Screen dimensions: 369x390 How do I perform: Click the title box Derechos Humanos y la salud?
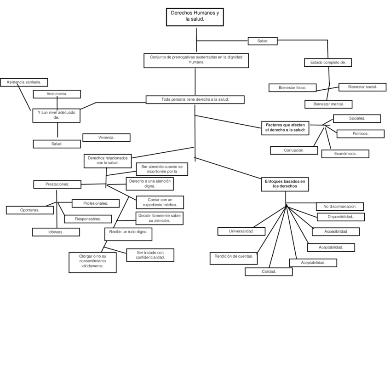[x=195, y=17]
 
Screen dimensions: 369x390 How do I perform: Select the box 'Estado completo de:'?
[x=328, y=63]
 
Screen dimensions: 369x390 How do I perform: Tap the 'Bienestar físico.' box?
[x=293, y=87]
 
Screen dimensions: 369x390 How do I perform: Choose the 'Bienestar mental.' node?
[x=328, y=104]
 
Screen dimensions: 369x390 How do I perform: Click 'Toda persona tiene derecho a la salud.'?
[x=195, y=99]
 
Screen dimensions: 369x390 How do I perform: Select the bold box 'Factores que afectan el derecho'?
[x=286, y=128]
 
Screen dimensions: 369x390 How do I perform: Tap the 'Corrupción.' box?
[x=294, y=150]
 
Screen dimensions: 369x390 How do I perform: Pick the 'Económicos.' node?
[x=345, y=154]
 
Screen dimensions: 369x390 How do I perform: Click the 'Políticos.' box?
[x=360, y=134]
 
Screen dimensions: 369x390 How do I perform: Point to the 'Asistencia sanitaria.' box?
[x=24, y=82]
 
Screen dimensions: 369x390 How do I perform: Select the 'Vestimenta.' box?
[x=57, y=94]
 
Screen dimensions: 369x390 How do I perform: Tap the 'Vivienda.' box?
[x=106, y=138]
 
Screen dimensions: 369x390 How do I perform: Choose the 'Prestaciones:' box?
[x=57, y=184]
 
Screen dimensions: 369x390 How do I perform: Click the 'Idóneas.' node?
[x=56, y=232]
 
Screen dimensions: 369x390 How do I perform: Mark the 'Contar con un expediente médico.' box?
[x=160, y=202]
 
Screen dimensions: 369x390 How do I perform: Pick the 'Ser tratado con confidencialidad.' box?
[x=150, y=255]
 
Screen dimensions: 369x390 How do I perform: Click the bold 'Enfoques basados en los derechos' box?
[x=284, y=184]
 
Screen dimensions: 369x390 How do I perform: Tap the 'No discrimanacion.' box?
[x=340, y=207]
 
